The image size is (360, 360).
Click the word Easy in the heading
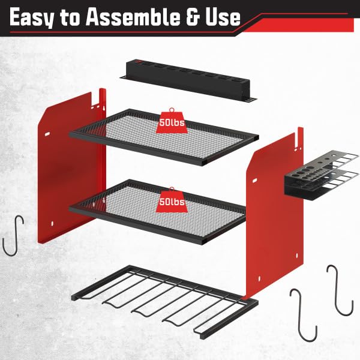coord(32,17)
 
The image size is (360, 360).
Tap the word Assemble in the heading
coord(133,17)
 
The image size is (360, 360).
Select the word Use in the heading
coord(223,17)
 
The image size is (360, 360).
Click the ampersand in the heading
coord(193,17)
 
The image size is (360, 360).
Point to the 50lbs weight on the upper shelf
coord(172,121)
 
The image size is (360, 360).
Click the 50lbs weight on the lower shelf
coord(172,200)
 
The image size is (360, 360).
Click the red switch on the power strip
coord(139,61)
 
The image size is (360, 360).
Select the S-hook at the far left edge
coord(13,235)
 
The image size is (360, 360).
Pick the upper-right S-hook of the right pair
coord(340,290)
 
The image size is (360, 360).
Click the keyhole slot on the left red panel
coord(104,108)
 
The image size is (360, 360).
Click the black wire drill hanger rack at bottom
coord(164,302)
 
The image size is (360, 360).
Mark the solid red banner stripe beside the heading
coord(298,25)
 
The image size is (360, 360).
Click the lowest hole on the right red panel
coord(259,278)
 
